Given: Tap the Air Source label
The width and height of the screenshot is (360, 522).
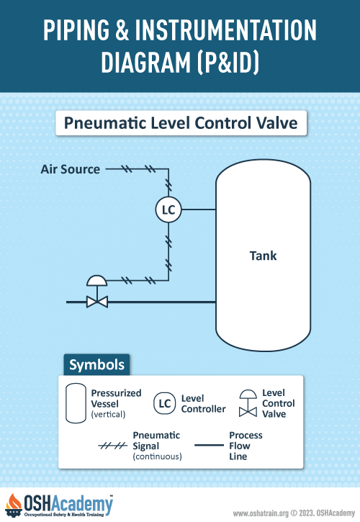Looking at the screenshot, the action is (71, 169).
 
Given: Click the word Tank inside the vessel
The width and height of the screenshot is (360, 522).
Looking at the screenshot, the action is (263, 256).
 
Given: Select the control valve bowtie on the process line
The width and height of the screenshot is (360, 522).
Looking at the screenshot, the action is (97, 302).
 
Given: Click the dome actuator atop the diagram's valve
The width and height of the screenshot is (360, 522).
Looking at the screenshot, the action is (97, 281).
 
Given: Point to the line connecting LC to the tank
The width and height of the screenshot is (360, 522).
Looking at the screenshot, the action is (199, 210).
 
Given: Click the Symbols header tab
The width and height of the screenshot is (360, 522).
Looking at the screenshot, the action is (96, 365).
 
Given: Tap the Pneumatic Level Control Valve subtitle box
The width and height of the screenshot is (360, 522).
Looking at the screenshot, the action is (181, 123).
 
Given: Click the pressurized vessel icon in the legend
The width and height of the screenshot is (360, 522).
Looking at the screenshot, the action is (76, 403).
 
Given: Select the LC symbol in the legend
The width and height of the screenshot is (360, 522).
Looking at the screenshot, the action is (164, 403).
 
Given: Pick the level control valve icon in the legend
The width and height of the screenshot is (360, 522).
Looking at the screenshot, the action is (248, 403).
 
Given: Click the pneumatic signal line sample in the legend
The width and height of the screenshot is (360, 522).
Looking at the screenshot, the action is (112, 446).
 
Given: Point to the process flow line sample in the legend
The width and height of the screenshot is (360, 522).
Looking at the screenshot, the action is (209, 445).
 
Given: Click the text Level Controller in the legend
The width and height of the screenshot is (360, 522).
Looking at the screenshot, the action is (204, 403).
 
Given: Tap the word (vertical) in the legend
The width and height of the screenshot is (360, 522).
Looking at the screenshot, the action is (108, 415).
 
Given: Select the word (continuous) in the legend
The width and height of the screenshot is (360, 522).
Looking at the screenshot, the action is (157, 456).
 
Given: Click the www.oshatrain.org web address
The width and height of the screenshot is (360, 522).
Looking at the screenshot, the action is (261, 513).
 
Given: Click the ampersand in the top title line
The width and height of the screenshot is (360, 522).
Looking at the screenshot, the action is (122, 30).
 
